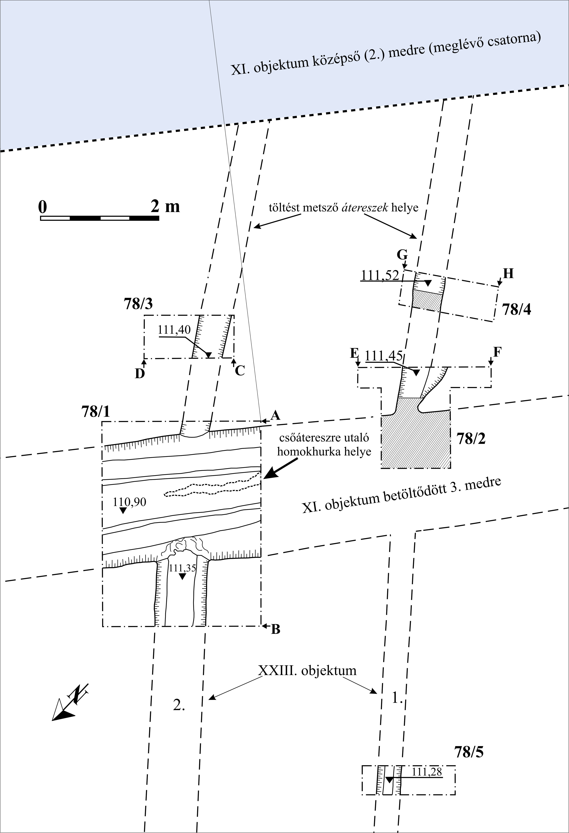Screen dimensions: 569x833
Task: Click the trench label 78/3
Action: pyautogui.click(x=138, y=304)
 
